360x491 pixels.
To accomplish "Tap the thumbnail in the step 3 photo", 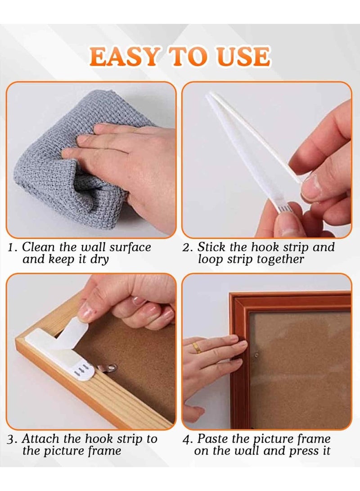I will click(x=85, y=310).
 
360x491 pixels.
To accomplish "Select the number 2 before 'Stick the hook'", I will click(x=187, y=248).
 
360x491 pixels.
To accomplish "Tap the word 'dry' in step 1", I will click(x=99, y=260).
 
